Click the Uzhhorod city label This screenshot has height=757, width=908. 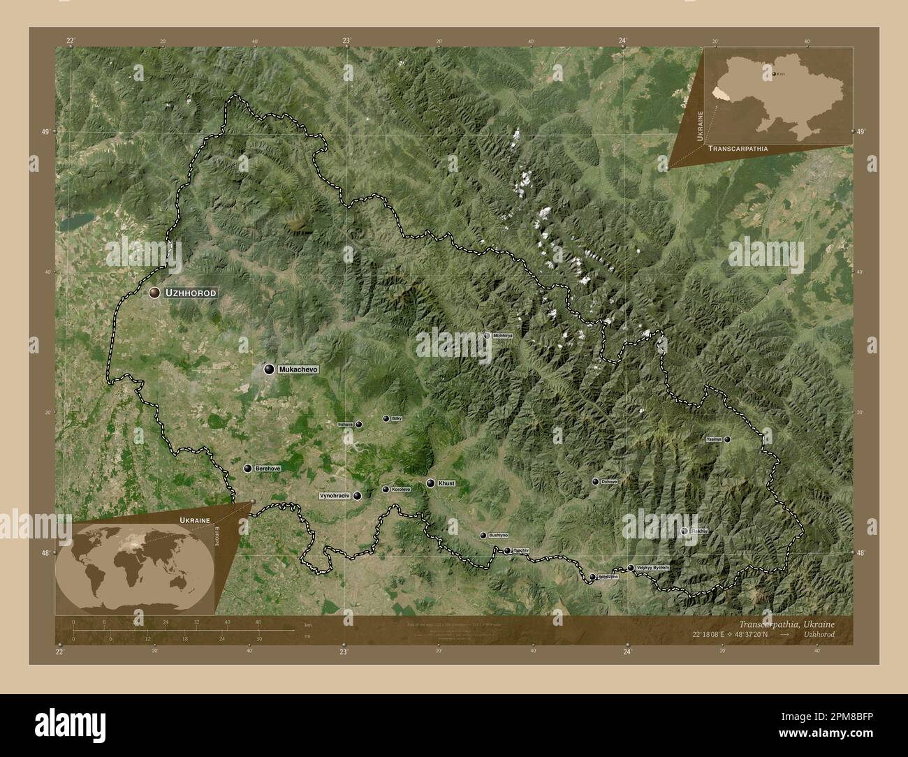click(x=190, y=294)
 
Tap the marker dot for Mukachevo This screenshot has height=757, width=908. click(x=269, y=369)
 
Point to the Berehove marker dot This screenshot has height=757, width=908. click(x=247, y=468)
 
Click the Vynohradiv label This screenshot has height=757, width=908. click(x=334, y=496)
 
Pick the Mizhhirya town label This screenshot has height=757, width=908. click(x=503, y=336)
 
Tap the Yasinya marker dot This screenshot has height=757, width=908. click(x=727, y=439)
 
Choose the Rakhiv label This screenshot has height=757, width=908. click(x=699, y=531)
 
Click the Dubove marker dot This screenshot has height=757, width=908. click(x=595, y=482)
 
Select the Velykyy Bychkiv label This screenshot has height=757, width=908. click(x=653, y=568)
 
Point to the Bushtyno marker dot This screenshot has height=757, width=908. click(x=483, y=535)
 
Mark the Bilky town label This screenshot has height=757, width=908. click(x=397, y=418)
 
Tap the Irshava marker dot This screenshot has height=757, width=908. click(x=359, y=424)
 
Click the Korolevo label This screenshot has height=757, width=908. click(x=401, y=490)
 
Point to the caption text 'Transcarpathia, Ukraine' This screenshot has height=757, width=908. click(x=785, y=624)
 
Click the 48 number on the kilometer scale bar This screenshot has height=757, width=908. click(x=258, y=622)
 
